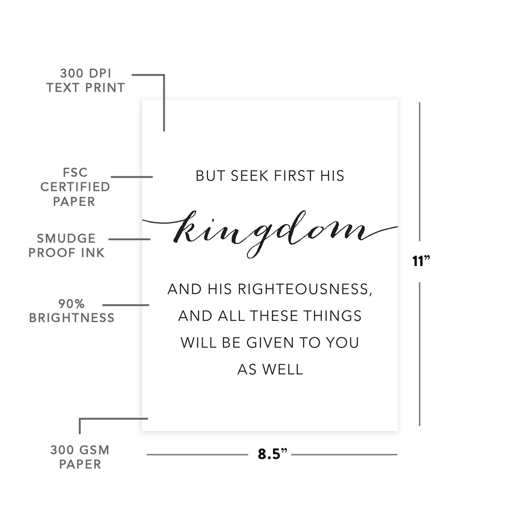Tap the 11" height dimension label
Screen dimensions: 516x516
pyautogui.click(x=421, y=261)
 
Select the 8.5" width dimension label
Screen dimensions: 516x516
pyautogui.click(x=272, y=454)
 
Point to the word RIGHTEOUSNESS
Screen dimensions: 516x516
pyautogui.click(x=305, y=289)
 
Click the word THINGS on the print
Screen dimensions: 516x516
pyautogui.click(x=333, y=316)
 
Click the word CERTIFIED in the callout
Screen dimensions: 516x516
pyautogui.click(x=75, y=187)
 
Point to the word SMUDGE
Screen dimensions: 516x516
pyautogui.click(x=66, y=238)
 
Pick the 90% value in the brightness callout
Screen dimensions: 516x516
pyautogui.click(x=71, y=304)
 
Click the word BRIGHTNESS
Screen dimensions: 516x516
pyautogui.click(x=72, y=318)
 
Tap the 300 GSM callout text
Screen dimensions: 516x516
pyautogui.click(x=80, y=450)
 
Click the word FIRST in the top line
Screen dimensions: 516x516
pyautogui.click(x=294, y=176)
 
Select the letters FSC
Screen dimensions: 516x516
pyautogui.click(x=75, y=172)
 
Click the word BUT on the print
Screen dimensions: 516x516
pyautogui.click(x=211, y=176)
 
